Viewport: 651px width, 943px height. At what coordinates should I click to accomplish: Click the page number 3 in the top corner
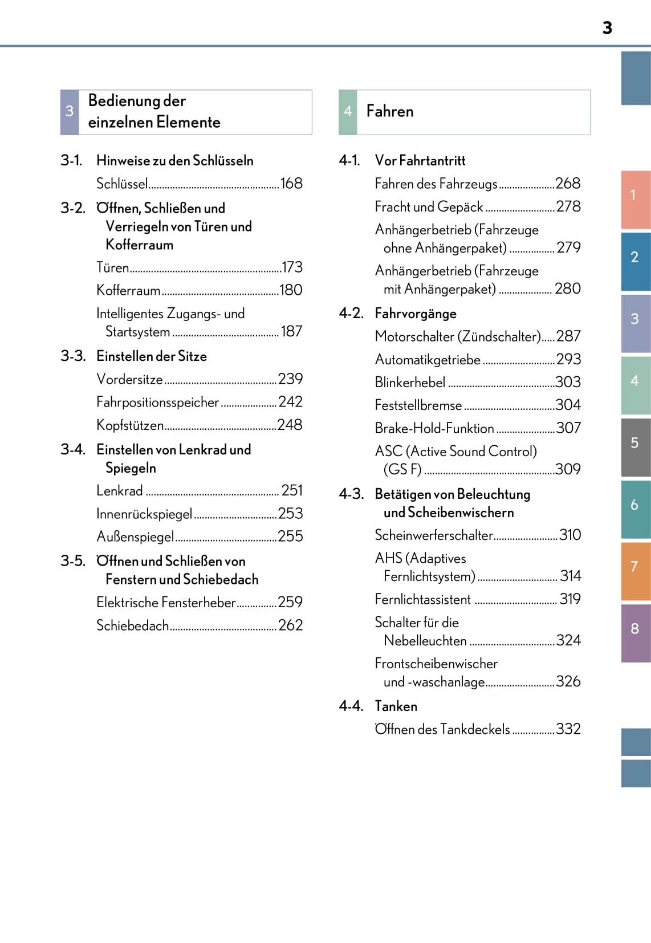(x=607, y=28)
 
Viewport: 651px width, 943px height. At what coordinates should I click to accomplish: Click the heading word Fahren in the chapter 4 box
(x=390, y=111)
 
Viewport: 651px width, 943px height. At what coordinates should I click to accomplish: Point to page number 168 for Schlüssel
(x=291, y=184)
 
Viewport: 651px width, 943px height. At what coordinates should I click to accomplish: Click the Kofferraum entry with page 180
(x=128, y=290)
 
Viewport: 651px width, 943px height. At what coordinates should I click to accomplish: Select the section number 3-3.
(x=73, y=356)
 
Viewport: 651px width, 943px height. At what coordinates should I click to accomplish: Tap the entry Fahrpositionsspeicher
(x=157, y=402)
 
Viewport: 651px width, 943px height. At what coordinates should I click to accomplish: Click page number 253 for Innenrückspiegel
(x=290, y=514)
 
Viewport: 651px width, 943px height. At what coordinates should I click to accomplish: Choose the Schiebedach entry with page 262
(x=132, y=625)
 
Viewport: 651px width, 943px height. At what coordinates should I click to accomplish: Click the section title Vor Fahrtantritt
(x=420, y=161)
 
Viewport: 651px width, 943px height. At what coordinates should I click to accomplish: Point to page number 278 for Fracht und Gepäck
(x=568, y=206)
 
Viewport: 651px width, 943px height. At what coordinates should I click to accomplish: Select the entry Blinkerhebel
(x=410, y=382)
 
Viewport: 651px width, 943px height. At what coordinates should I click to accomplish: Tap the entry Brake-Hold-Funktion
(x=434, y=428)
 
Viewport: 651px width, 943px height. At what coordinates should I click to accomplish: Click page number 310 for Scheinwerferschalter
(x=570, y=535)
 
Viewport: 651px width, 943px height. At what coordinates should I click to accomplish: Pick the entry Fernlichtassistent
(x=422, y=599)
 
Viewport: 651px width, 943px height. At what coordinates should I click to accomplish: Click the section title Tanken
(x=396, y=706)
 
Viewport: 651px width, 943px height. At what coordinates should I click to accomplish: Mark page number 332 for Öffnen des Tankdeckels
(x=568, y=729)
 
